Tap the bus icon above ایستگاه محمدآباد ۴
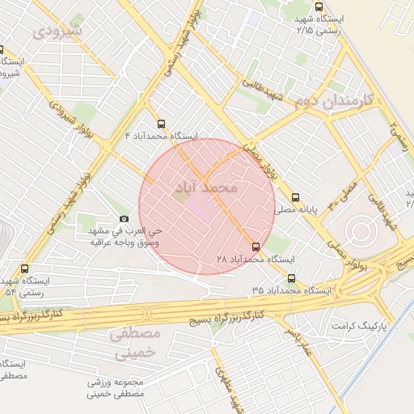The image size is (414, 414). point(162,124)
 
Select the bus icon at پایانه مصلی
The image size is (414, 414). point(295,197)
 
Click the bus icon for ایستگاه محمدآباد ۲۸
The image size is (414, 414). point(256,246)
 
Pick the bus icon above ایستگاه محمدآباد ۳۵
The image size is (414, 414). point(290,278)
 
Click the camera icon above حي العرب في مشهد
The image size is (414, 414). point(123,218)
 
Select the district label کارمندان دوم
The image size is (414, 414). point(332,102)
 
